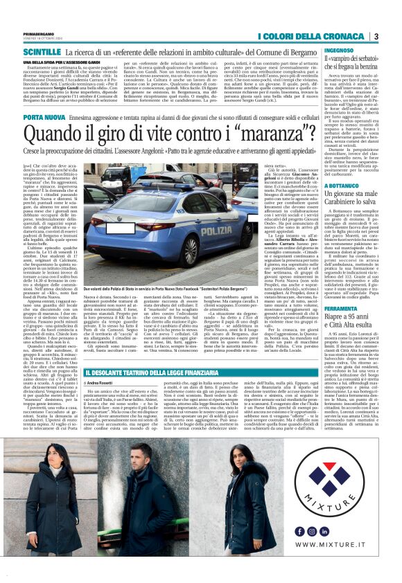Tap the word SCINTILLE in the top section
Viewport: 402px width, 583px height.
[x=42, y=51]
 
